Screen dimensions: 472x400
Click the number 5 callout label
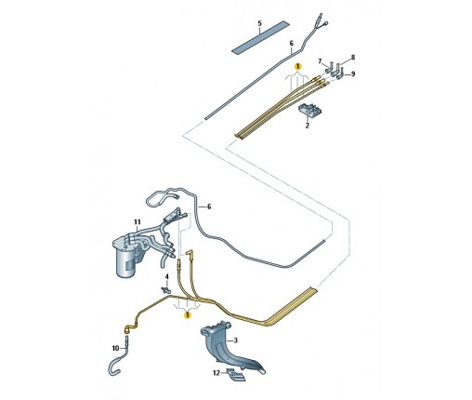click(x=259, y=23)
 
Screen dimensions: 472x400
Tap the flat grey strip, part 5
click(x=260, y=37)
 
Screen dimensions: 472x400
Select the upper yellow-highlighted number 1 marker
click(x=297, y=66)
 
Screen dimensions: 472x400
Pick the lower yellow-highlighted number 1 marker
click(x=188, y=315)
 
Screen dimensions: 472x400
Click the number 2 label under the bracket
click(x=308, y=126)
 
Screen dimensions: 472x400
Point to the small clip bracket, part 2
click(x=309, y=110)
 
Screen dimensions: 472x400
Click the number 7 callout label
click(x=320, y=61)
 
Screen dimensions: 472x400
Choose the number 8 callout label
click(x=353, y=58)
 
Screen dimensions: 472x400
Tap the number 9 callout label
click(x=353, y=74)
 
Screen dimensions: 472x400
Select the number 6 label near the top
click(x=292, y=44)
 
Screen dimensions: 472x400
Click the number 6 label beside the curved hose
click(x=209, y=207)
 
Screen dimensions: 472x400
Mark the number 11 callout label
click(x=138, y=222)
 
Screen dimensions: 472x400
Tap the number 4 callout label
click(x=166, y=276)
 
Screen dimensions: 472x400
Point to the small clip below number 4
click(x=166, y=290)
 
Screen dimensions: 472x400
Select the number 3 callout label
click(x=236, y=340)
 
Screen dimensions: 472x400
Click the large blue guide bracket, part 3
click(x=229, y=347)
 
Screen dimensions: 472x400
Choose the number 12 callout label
click(x=216, y=372)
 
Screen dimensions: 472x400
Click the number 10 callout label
click(x=115, y=348)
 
